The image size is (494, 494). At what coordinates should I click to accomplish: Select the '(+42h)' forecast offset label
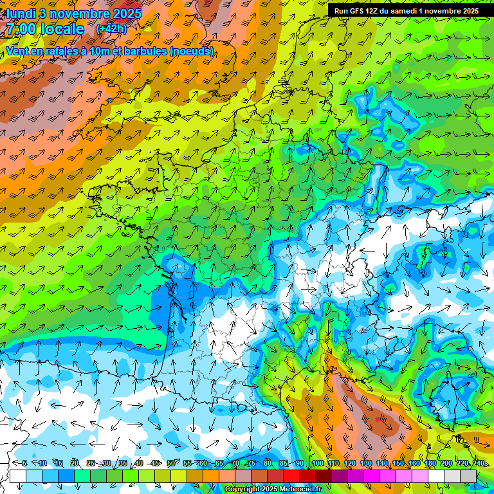[x=111, y=29]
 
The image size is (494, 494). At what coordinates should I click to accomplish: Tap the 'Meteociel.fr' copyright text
[x=300, y=489]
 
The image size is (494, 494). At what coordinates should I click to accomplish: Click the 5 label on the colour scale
[x=24, y=463]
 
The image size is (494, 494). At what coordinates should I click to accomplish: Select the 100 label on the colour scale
[x=317, y=463]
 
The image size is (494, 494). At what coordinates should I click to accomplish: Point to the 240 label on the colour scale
[x=479, y=463]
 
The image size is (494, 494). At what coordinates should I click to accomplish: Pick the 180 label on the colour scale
[x=430, y=463]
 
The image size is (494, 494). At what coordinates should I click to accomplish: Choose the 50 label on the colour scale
[x=171, y=463]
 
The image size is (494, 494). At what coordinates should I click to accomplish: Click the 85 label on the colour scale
[x=284, y=463]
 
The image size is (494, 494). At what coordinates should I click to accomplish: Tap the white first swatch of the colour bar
[x=17, y=476]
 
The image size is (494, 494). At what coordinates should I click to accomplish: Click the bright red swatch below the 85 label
[x=291, y=476]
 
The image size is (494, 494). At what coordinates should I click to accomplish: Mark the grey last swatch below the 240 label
[x=468, y=476]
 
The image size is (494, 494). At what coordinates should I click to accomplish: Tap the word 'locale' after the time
[x=62, y=29]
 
